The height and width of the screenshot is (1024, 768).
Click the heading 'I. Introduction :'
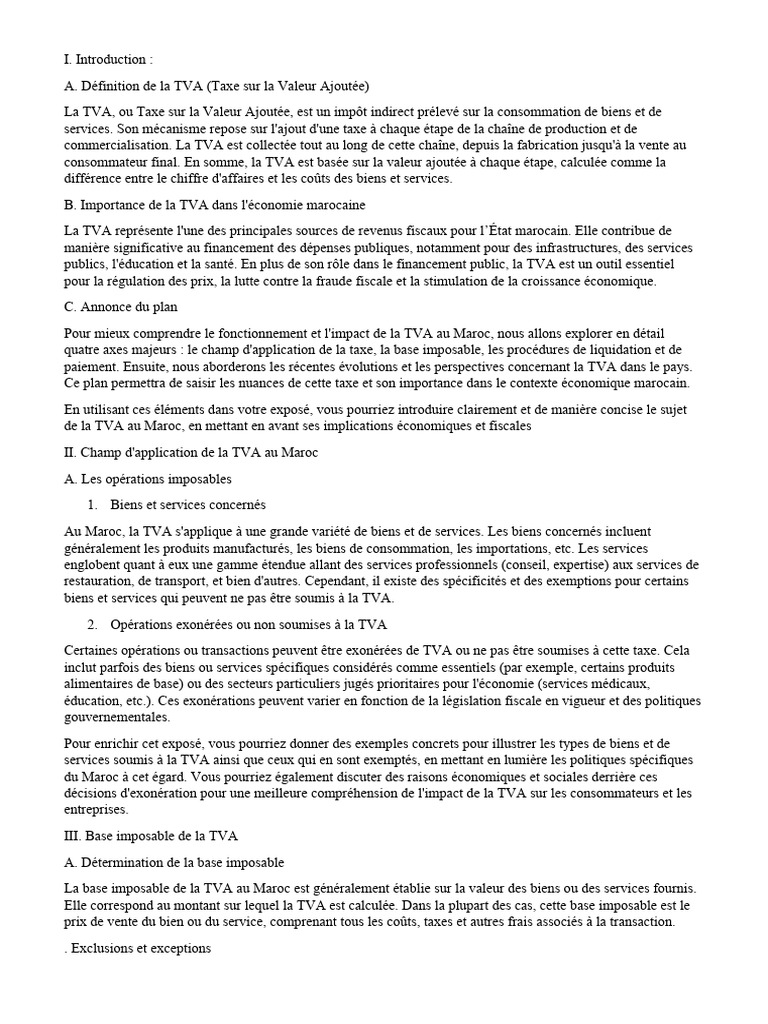pyautogui.click(x=109, y=60)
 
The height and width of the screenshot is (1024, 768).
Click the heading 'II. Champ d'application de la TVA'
pyautogui.click(x=190, y=453)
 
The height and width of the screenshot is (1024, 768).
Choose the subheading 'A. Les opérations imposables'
pyautogui.click(x=147, y=479)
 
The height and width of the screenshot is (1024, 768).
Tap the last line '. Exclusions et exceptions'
pyautogui.click(x=136, y=948)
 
